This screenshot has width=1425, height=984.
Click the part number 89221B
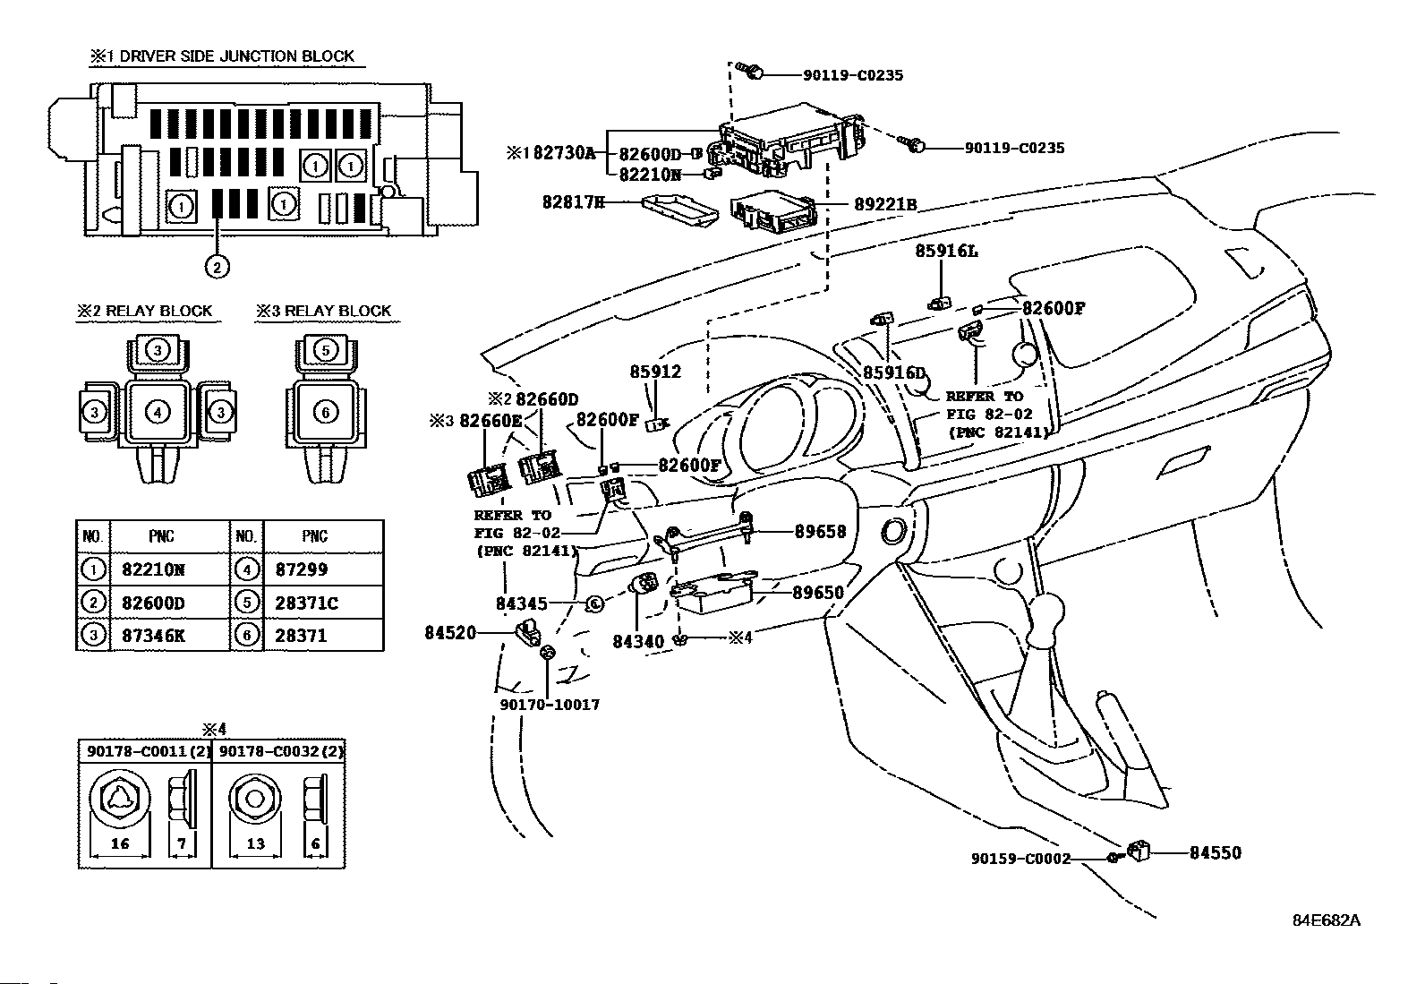[885, 204]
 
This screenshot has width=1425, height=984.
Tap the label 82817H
[573, 201]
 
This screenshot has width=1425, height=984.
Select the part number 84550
[1215, 852]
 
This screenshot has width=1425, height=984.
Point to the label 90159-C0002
[1021, 859]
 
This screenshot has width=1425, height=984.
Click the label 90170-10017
[550, 705]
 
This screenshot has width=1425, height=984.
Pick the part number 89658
[820, 531]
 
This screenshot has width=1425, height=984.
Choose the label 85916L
[947, 251]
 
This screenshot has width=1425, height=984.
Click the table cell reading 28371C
[307, 603]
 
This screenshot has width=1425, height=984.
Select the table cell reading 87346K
[153, 635]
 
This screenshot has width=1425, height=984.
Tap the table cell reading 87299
[302, 569]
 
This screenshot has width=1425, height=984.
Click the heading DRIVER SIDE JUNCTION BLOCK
[236, 56]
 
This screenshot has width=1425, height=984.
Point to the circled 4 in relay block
[158, 413]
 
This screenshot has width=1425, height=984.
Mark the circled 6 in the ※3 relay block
[326, 413]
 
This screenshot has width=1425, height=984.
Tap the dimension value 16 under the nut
[120, 843]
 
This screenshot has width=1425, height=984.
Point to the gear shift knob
[1045, 610]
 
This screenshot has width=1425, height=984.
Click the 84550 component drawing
[1138, 851]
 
